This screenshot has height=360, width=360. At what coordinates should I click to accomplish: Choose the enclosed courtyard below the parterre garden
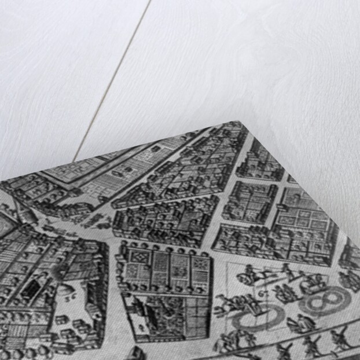coord(168,315)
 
